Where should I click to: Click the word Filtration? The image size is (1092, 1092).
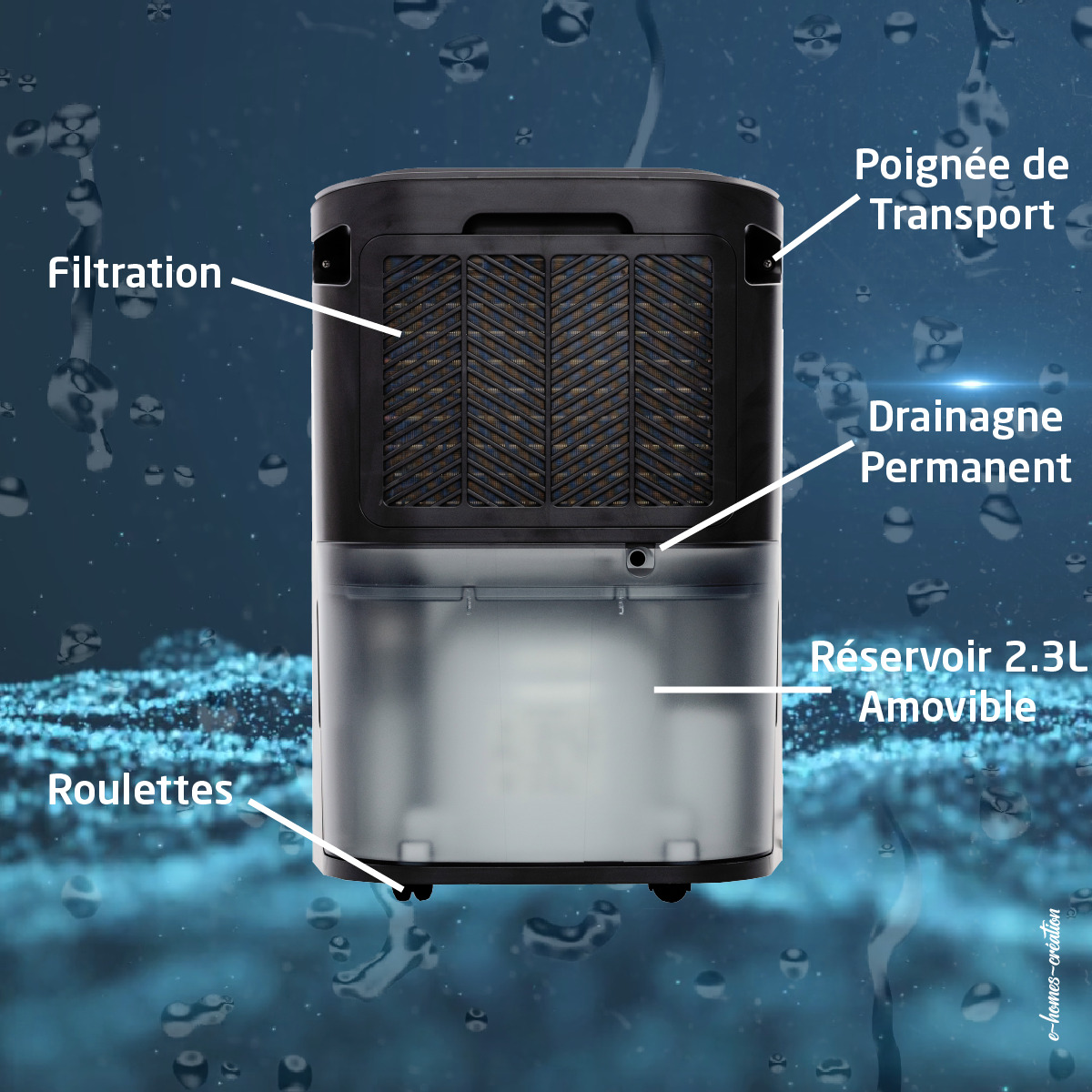(135, 273)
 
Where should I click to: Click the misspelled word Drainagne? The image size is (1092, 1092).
(966, 419)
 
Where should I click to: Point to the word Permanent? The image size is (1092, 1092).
(966, 467)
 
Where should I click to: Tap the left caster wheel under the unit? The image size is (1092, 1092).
(412, 892)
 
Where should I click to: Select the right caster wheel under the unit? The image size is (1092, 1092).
(671, 893)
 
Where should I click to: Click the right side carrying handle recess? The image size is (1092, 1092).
(763, 255)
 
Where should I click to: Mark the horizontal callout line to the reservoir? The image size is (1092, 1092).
(743, 690)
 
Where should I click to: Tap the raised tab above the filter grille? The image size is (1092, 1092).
(548, 223)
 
